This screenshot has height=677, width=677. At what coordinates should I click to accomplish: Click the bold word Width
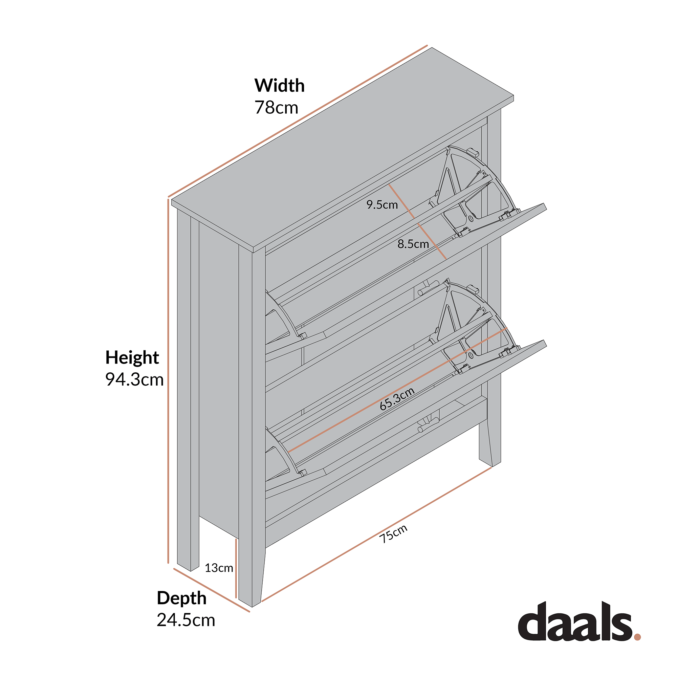click(279, 86)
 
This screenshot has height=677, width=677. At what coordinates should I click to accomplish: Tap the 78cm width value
click(276, 108)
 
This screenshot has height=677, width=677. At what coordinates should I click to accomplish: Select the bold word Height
click(132, 358)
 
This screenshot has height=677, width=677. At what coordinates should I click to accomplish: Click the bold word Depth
click(181, 598)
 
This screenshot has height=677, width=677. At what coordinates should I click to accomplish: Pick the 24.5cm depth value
click(186, 620)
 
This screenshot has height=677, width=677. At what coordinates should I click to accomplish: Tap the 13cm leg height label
click(219, 568)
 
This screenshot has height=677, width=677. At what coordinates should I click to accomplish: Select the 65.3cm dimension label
click(397, 399)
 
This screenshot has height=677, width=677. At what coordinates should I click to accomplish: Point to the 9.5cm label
click(382, 205)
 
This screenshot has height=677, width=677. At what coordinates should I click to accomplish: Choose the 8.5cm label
click(413, 244)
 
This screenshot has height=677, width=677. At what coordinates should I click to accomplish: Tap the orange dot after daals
click(637, 637)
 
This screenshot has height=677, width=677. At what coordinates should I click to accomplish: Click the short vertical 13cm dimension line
click(236, 568)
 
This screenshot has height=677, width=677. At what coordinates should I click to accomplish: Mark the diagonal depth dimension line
click(211, 590)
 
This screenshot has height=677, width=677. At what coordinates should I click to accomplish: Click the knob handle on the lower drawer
click(428, 425)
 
